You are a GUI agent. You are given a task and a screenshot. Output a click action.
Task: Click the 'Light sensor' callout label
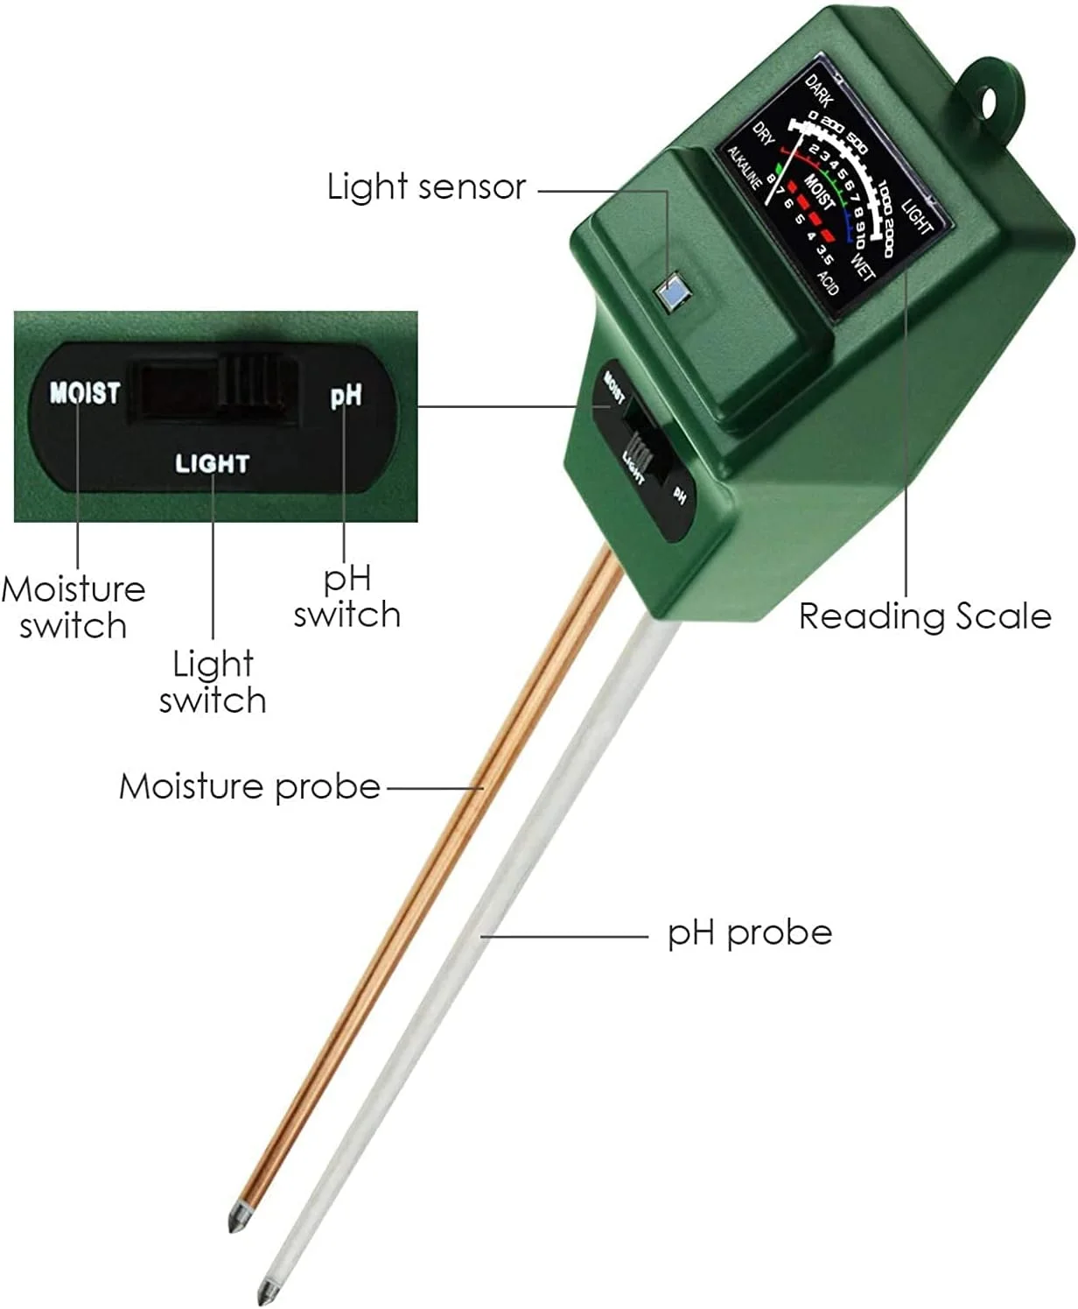(426, 187)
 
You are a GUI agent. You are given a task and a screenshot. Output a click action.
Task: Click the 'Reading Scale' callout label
(925, 616)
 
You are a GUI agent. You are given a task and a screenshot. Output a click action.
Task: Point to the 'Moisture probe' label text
(250, 786)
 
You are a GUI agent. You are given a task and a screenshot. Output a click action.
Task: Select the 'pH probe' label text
(750, 932)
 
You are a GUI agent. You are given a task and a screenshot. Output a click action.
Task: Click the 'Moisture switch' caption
(73, 607)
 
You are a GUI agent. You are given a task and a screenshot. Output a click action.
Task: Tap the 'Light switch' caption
(213, 682)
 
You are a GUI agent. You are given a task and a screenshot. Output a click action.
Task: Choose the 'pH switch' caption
(347, 596)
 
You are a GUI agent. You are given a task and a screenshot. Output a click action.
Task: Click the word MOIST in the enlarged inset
(84, 392)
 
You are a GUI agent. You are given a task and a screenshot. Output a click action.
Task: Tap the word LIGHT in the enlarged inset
(213, 463)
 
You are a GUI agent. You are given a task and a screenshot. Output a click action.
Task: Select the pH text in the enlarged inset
(346, 396)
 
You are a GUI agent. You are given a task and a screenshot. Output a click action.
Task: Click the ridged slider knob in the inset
(252, 385)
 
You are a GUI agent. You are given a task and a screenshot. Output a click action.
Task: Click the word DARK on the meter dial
(819, 91)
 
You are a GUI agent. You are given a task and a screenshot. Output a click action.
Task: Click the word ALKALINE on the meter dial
(745, 168)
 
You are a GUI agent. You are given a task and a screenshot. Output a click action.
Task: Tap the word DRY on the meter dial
(765, 134)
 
